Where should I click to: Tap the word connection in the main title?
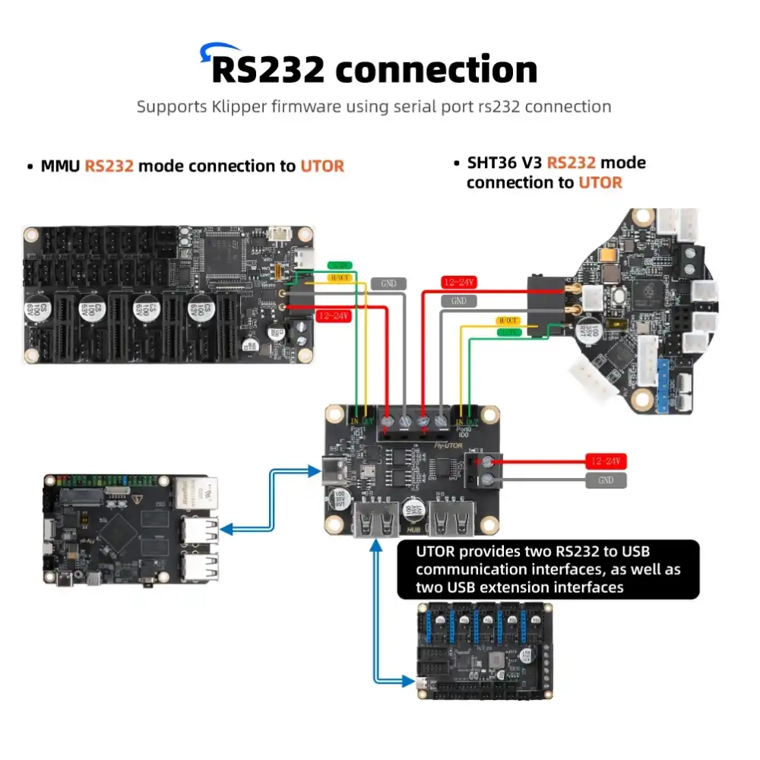(436, 69)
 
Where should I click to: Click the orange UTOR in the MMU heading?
(322, 166)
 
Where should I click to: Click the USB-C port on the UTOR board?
(332, 471)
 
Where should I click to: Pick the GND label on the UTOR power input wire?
(606, 480)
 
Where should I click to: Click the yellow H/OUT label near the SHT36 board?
(507, 321)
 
